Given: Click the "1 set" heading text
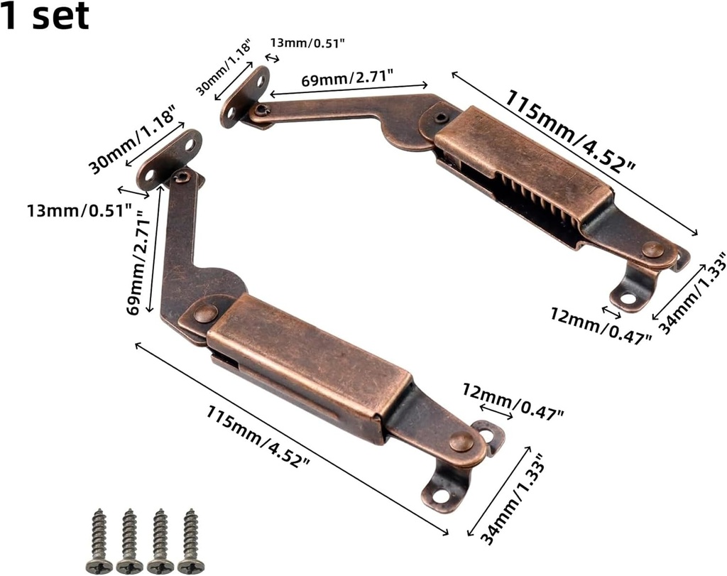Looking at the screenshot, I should pyautogui.click(x=45, y=16).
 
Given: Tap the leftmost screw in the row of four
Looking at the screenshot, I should pyautogui.click(x=99, y=540).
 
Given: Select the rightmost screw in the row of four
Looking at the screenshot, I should pyautogui.click(x=191, y=540).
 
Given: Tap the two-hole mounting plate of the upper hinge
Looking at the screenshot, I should pyautogui.click(x=244, y=96).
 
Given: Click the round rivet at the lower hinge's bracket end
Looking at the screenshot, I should pyautogui.click(x=461, y=442).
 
